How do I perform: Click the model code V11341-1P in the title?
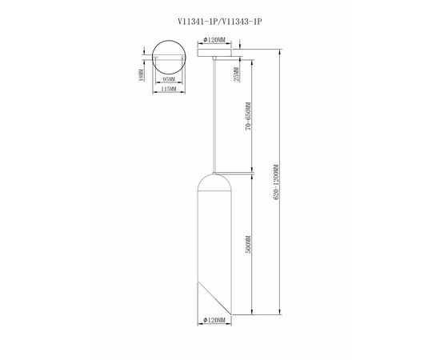point(198,22)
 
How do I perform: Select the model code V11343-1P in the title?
point(242,22)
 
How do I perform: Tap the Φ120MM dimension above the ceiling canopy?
point(214,40)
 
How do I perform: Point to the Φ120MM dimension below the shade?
point(214,319)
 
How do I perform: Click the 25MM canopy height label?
point(237,74)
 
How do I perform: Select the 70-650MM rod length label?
point(248,117)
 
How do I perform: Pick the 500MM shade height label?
point(248,244)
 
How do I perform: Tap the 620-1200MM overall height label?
point(277,182)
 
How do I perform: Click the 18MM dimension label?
point(142,75)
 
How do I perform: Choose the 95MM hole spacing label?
point(169,79)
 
